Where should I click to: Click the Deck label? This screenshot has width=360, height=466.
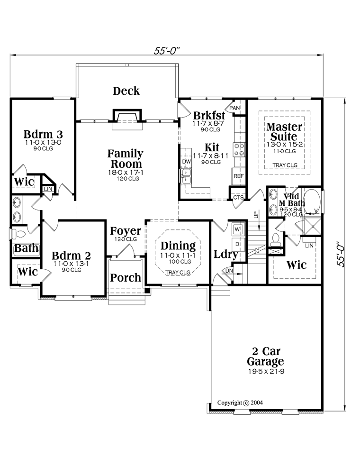[x=126, y=91]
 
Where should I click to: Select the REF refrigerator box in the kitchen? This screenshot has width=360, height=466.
[x=239, y=176]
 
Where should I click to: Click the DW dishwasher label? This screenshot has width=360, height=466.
[x=186, y=162]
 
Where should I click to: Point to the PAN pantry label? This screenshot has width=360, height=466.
[x=234, y=108]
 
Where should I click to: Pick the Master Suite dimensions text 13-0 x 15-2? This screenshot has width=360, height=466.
[x=284, y=145]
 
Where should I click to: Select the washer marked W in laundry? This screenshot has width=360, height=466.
[x=237, y=229]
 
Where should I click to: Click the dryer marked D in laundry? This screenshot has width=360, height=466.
[x=237, y=244]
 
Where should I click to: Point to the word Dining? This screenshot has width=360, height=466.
[x=178, y=246]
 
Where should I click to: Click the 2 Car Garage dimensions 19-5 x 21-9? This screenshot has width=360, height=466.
[x=266, y=371]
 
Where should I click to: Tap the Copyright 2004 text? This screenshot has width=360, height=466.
[x=240, y=402]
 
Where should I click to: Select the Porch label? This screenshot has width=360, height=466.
[x=126, y=278]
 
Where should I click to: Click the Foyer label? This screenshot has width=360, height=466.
[x=126, y=231]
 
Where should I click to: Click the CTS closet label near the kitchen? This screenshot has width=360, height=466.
[x=238, y=197]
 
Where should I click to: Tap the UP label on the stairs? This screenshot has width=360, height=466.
[x=256, y=214]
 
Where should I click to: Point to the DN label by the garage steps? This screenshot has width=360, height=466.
[x=229, y=271]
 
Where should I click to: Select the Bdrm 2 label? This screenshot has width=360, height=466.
[x=71, y=256]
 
